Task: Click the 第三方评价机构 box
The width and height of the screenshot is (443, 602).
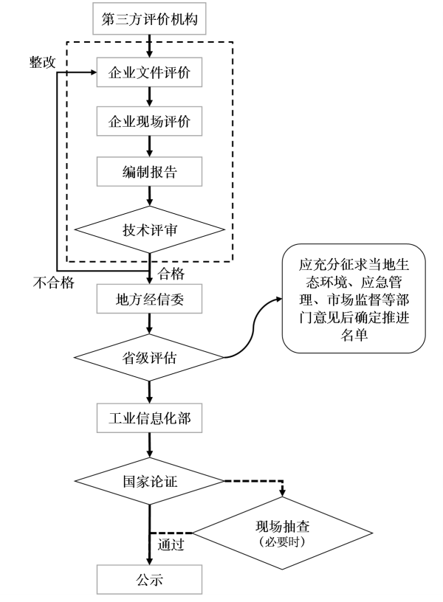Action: [x=150, y=18]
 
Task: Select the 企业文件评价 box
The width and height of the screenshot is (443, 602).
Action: [x=150, y=74]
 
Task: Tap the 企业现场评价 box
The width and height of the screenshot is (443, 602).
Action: [x=150, y=122]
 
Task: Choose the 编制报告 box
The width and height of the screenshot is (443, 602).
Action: [x=150, y=171]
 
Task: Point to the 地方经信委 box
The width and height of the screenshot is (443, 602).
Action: [x=150, y=299]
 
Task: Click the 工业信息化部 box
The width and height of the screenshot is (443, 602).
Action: [x=150, y=418]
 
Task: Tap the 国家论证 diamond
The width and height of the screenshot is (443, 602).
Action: [x=150, y=482]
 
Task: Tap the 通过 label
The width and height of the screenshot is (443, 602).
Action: [x=171, y=546]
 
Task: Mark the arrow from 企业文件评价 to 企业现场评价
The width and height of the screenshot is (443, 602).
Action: [x=150, y=97]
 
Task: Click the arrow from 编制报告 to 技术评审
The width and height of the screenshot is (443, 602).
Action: [x=150, y=195]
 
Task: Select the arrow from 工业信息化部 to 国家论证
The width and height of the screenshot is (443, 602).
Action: [x=150, y=444]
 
